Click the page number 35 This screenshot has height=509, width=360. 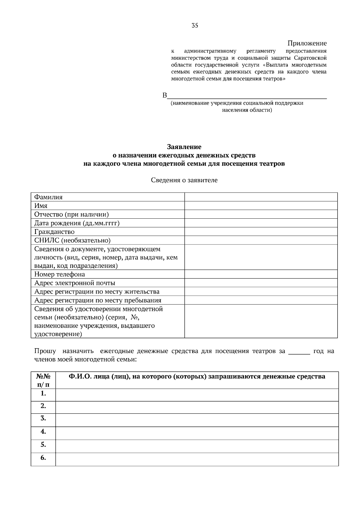tap(195, 25)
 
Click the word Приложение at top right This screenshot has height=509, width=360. tap(307, 43)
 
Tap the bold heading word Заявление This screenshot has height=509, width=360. tap(184, 147)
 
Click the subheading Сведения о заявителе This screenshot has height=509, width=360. tap(184, 180)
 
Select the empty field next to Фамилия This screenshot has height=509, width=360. tap(261, 197)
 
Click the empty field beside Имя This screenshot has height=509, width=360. tap(261, 206)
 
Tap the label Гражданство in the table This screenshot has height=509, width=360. tap(54, 232)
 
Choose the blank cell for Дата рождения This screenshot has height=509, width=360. tap(261, 223)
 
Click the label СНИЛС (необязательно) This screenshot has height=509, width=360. tap(72, 241)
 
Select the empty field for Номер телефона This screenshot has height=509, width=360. tap(261, 274)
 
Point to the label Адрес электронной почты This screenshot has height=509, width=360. tap(75, 283)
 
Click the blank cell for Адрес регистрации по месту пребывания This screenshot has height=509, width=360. tap(261, 301)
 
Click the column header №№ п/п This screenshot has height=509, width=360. tap(43, 380)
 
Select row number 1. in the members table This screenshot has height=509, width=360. tap(43, 394)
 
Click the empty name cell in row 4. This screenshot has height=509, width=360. tap(197, 433)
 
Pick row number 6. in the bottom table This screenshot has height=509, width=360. tap(43, 458)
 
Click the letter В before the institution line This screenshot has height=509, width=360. tap(164, 96)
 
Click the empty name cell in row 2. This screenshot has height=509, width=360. tap(197, 407)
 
